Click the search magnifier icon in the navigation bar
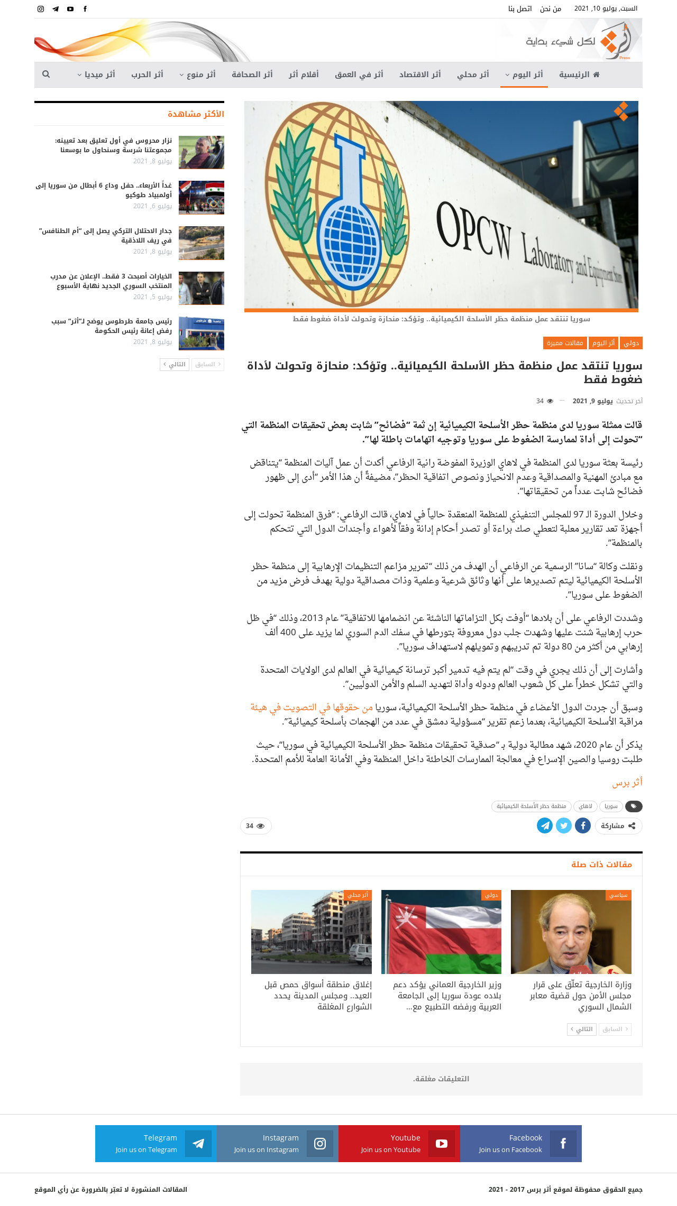point(46,75)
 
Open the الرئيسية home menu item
point(579,75)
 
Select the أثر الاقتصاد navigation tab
point(420,75)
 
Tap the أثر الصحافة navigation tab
point(252,75)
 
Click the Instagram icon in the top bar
point(41,9)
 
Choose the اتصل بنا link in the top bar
point(520,9)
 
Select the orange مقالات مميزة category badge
point(565,343)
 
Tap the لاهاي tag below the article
point(585,806)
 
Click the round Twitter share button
point(564,825)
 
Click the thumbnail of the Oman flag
point(441,932)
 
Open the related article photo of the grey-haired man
point(571,932)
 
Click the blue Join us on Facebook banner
point(521,1144)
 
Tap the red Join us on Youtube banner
point(399,1144)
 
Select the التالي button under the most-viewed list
point(175,365)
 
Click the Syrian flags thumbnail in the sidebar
point(202,198)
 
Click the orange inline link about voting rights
point(312,707)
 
